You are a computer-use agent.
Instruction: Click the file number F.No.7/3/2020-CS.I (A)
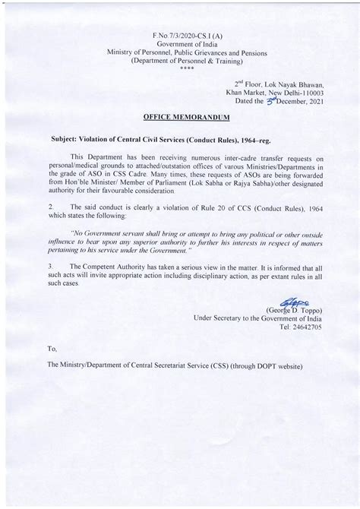pyautogui.click(x=180, y=36)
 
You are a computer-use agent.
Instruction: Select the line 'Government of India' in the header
pyautogui.click(x=180, y=44)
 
